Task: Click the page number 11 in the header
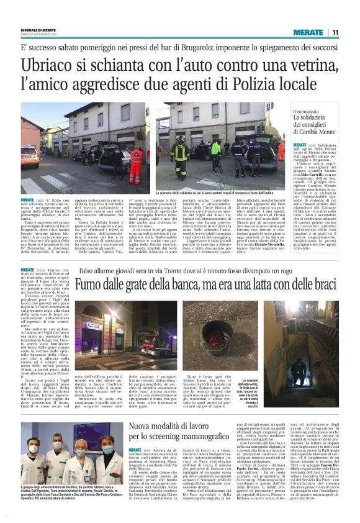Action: pyautogui.click(x=335, y=33)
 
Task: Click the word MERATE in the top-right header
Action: pyautogui.click(x=308, y=33)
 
